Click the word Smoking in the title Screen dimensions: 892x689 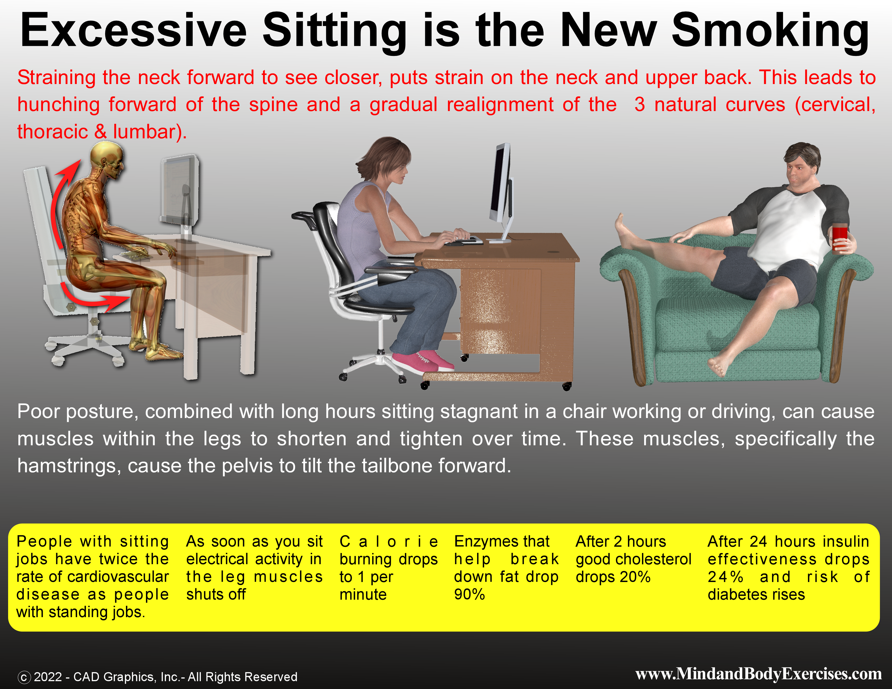pyautogui.click(x=770, y=31)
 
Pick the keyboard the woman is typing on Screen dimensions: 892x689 pyautogui.click(x=464, y=242)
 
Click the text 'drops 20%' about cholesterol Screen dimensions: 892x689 pyautogui.click(x=613, y=577)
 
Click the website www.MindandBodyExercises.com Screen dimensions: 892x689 pyautogui.click(x=758, y=674)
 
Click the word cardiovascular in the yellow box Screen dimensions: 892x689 pyautogui.click(x=118, y=577)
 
